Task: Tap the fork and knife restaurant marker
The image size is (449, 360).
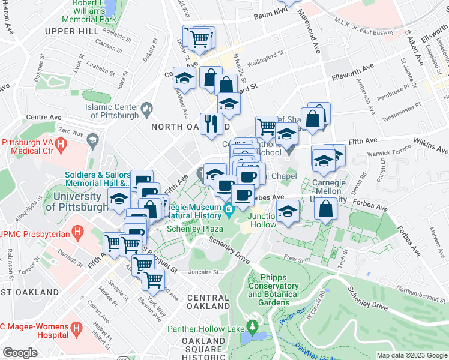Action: point(211,125)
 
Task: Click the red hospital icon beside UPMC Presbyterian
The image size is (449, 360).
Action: point(76,232)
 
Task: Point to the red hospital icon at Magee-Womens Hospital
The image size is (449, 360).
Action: point(76,329)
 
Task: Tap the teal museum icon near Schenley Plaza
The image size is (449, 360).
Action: point(228,209)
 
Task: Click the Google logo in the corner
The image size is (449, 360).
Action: point(20,352)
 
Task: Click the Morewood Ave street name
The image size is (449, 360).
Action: point(310,27)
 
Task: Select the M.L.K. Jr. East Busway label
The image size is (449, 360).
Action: point(367,31)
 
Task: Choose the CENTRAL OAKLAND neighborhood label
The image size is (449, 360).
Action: point(208,302)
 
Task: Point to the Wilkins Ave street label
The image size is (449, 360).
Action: point(430,146)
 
